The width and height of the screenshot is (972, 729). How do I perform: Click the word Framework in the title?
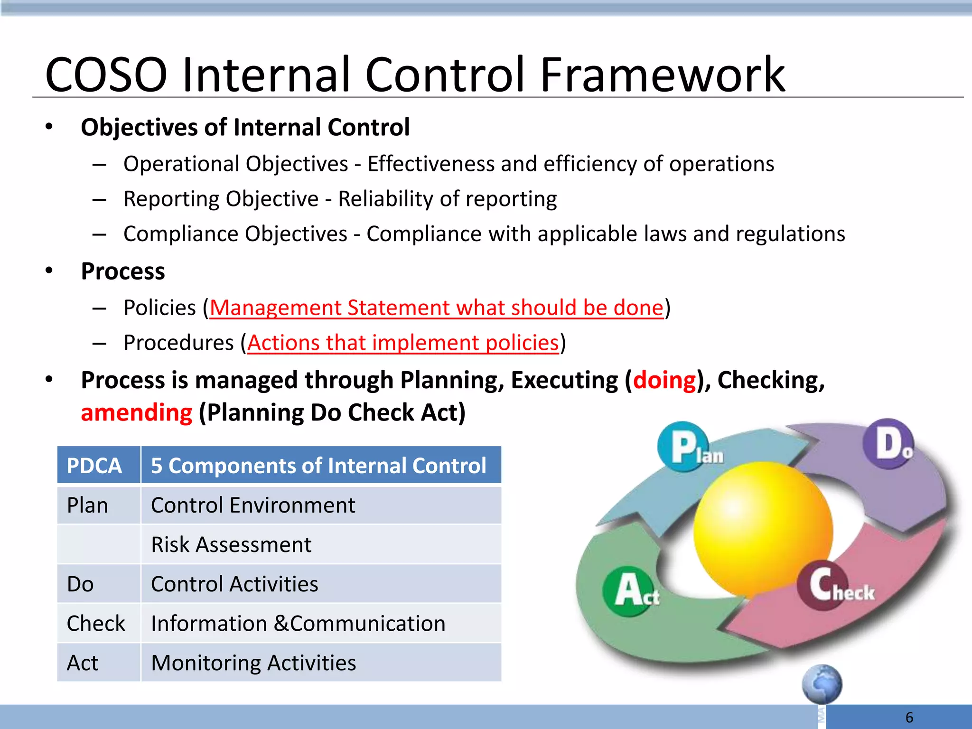click(x=663, y=75)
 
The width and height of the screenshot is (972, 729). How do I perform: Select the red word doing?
click(x=664, y=381)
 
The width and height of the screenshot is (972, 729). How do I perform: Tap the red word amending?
click(x=137, y=413)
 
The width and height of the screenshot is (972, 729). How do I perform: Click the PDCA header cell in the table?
click(x=94, y=466)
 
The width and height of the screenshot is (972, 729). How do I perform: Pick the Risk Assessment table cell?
click(x=231, y=544)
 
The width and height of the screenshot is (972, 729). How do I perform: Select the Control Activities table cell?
click(x=234, y=584)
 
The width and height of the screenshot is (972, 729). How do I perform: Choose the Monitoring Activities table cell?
click(x=253, y=663)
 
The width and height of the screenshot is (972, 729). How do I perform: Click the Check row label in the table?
click(x=96, y=623)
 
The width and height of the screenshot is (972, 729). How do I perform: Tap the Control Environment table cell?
click(x=253, y=505)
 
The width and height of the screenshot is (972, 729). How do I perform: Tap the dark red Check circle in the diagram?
click(x=821, y=587)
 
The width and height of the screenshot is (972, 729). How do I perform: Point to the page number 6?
click(x=909, y=717)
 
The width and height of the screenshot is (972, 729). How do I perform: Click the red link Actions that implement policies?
click(x=403, y=343)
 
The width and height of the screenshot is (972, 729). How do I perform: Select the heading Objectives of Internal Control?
click(x=245, y=127)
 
